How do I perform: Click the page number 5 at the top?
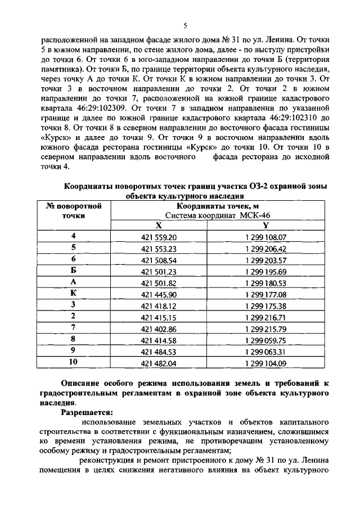(185, 25)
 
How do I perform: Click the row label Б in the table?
(73, 271)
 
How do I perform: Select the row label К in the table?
(73, 293)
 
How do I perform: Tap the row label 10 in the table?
(73, 362)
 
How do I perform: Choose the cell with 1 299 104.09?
(266, 363)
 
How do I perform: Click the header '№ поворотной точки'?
(73, 210)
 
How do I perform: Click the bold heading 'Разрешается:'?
(87, 412)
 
